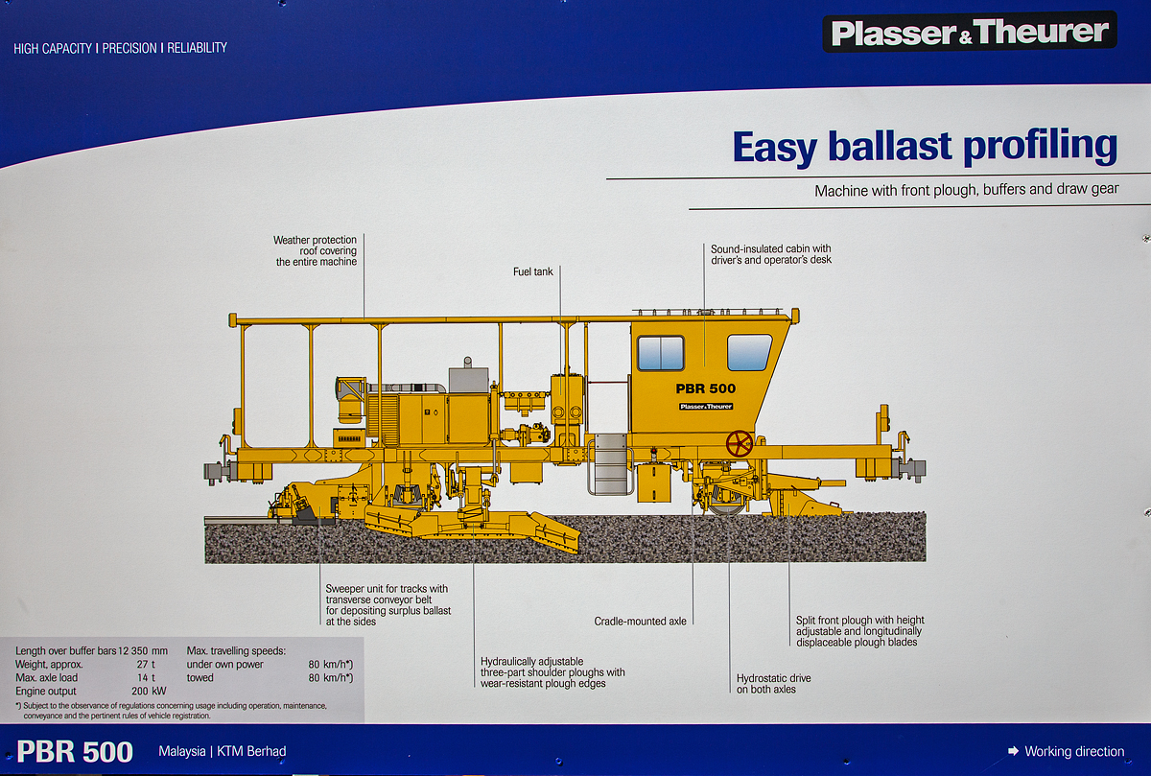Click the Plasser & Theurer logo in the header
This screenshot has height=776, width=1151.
969,33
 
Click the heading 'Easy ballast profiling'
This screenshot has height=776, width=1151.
925,147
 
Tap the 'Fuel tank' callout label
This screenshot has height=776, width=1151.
533,272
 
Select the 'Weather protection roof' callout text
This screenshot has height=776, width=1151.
316,251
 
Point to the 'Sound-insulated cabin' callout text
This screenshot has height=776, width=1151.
771,254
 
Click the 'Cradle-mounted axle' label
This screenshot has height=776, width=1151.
640,622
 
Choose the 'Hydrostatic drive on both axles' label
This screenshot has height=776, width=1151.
773,684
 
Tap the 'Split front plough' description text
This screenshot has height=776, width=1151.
859,631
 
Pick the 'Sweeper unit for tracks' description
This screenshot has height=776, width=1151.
388,605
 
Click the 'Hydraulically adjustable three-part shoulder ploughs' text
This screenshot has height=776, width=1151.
552,672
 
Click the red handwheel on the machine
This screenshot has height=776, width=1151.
740,443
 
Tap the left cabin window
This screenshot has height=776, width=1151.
660,353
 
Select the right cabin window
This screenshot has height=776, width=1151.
749,352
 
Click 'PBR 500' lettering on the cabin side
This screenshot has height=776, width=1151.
706,388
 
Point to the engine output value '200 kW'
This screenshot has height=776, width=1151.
149,691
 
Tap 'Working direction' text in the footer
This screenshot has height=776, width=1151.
1073,751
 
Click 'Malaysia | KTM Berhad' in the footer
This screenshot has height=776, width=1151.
223,751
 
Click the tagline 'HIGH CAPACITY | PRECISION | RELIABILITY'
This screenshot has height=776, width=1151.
121,47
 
